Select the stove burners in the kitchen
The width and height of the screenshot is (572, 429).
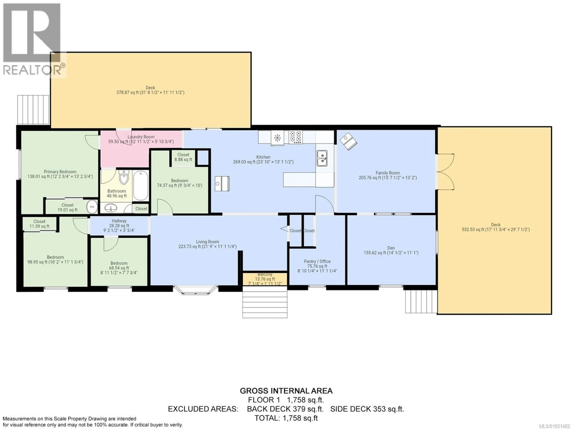(x=296, y=137)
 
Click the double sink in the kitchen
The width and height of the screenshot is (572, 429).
(x=322, y=158)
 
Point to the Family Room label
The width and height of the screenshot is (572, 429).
(x=387, y=173)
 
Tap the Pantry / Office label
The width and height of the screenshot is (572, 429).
(x=317, y=261)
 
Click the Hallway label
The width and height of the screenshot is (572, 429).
(x=119, y=221)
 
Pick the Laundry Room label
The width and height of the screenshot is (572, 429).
(x=141, y=137)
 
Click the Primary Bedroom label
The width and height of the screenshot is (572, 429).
(x=60, y=172)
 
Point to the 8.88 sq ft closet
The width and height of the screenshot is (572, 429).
(x=183, y=157)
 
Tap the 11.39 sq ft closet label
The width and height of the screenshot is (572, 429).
(x=39, y=224)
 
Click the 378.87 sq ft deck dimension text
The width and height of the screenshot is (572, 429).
(x=150, y=92)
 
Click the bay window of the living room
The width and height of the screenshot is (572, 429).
(x=195, y=290)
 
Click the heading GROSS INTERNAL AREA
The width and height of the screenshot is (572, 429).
(x=286, y=391)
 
